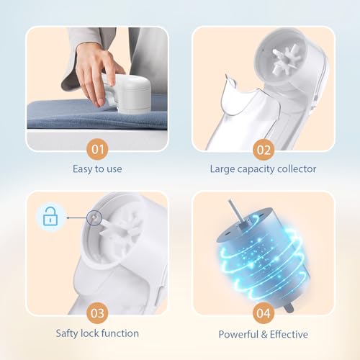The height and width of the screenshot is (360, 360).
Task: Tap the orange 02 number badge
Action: point(262,150)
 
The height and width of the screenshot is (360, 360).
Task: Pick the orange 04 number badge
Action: point(262,315)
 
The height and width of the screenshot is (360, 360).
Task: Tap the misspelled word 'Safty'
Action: point(68,333)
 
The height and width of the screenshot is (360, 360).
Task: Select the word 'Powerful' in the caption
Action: point(238,333)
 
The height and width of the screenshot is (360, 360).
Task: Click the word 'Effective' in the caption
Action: point(287,333)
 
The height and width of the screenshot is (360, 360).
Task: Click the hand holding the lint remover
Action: point(96,69)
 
